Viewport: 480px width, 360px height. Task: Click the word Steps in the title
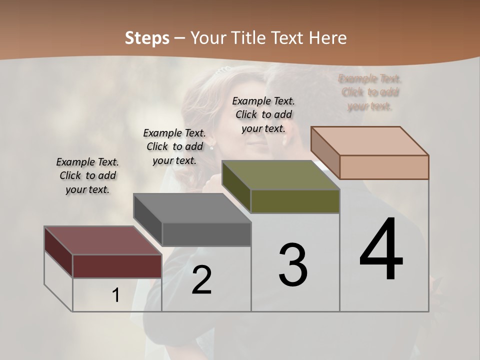(x=147, y=38)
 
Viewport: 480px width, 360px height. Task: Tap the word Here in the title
(x=328, y=38)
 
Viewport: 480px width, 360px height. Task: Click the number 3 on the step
(x=293, y=265)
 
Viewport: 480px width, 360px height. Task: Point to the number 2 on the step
(x=201, y=280)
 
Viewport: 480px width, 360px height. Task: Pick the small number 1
(x=116, y=295)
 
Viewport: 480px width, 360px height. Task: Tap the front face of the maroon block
(x=117, y=266)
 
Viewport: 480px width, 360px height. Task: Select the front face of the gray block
(x=206, y=234)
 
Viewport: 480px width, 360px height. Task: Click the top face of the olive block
(x=280, y=175)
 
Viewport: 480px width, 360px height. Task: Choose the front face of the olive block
(x=295, y=201)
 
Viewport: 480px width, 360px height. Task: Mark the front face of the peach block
(x=384, y=167)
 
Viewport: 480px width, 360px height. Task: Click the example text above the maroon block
(x=87, y=176)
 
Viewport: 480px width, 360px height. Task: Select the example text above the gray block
(x=174, y=147)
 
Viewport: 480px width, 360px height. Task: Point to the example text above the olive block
(x=263, y=114)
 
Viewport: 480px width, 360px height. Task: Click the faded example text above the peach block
(x=370, y=92)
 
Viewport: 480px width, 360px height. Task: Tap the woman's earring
(x=211, y=147)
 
